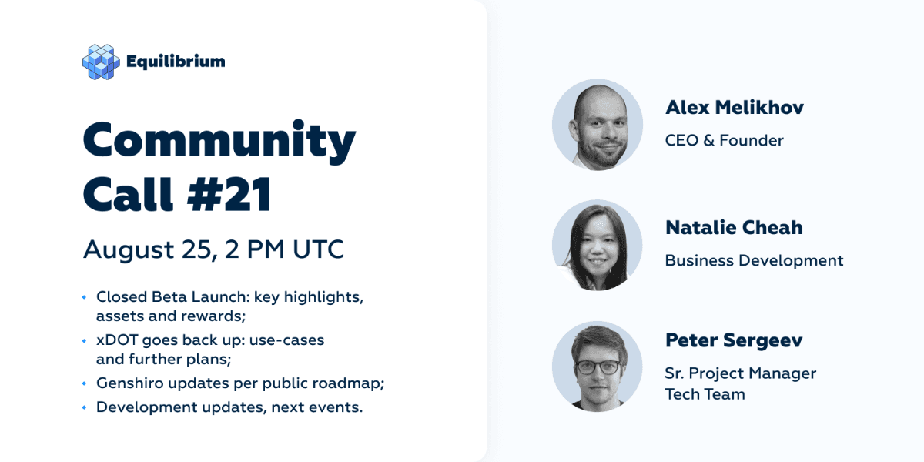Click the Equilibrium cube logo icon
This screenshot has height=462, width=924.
[101, 62]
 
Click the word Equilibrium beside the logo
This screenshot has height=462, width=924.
[176, 62]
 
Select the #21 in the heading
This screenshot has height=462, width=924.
[229, 194]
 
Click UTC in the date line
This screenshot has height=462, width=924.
[318, 249]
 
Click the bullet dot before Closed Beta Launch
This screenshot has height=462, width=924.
[84, 297]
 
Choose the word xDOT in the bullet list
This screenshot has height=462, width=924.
[117, 340]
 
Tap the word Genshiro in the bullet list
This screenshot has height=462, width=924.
[129, 383]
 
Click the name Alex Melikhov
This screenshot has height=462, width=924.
[735, 107]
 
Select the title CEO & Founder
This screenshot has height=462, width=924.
[725, 141]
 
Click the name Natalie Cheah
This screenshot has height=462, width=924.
[735, 227]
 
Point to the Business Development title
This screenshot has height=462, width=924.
[754, 261]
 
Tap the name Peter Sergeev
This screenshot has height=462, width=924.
[734, 340]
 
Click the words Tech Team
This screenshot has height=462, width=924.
[705, 394]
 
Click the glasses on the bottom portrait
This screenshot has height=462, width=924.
[598, 367]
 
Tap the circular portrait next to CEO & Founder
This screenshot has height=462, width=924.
[598, 125]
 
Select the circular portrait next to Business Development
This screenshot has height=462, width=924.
[598, 245]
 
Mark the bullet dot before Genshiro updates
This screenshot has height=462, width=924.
[84, 383]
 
